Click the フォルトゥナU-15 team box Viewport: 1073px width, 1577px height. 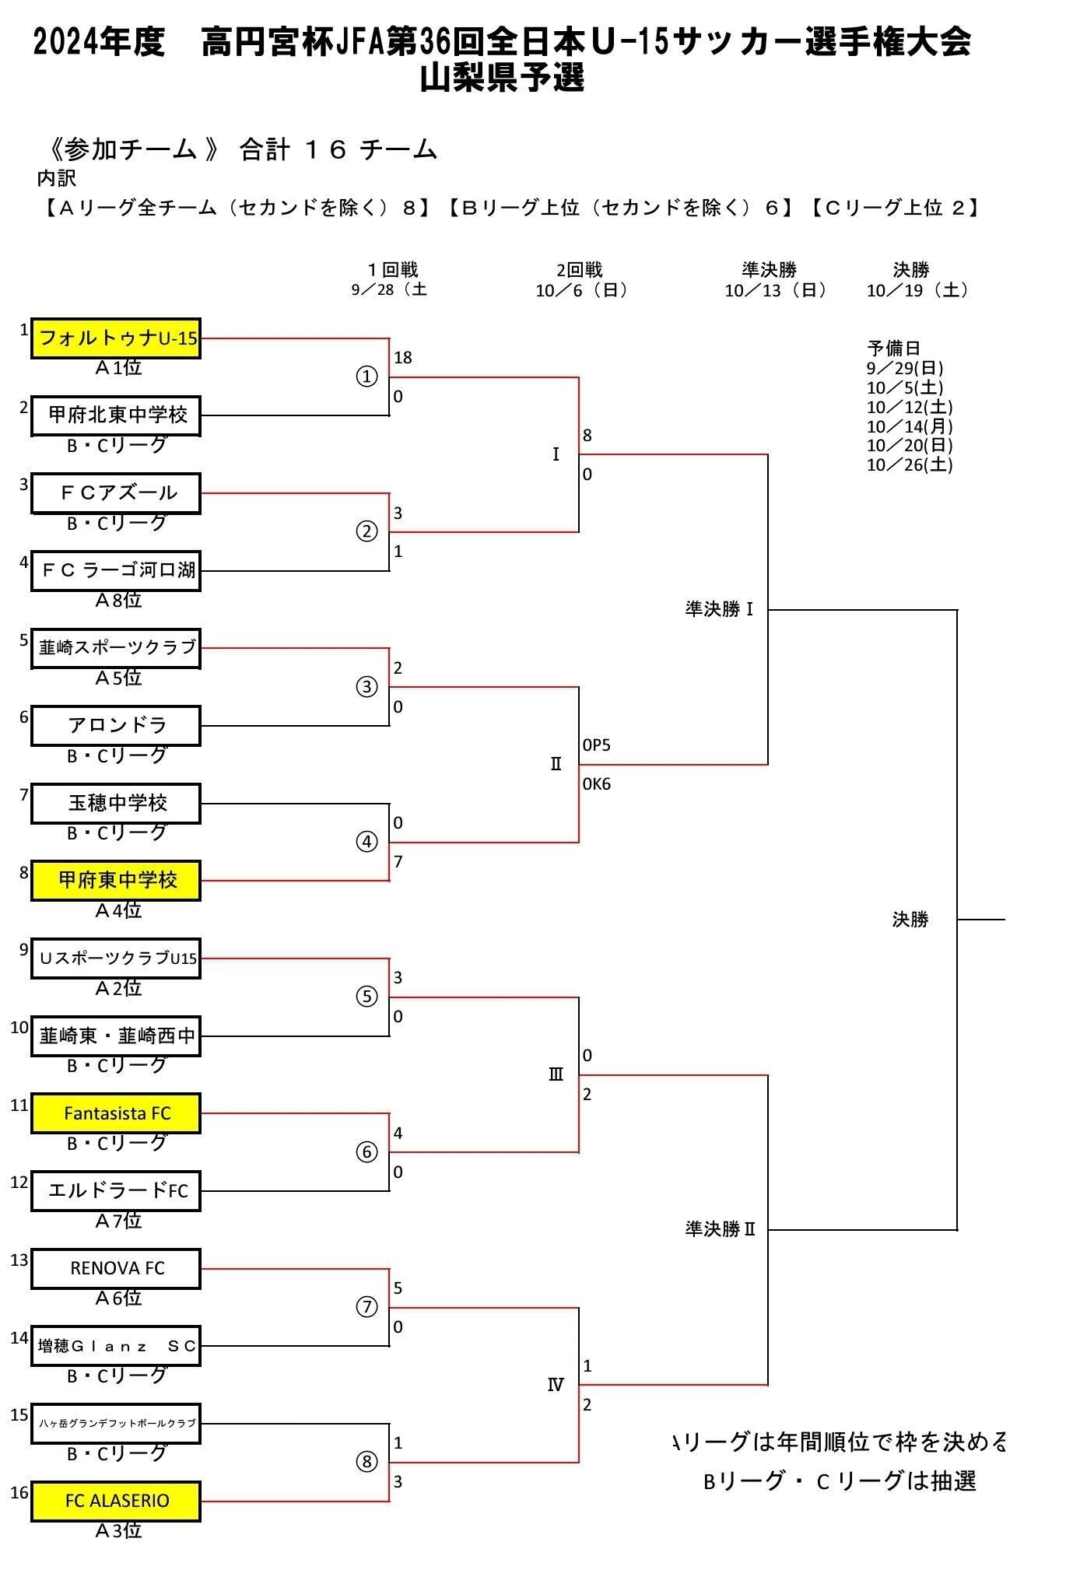click(x=116, y=338)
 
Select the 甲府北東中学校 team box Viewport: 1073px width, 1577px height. click(x=116, y=415)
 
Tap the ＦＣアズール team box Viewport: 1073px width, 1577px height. click(x=116, y=493)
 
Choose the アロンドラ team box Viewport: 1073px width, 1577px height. click(x=116, y=726)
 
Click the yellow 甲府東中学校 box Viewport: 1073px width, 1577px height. click(x=116, y=881)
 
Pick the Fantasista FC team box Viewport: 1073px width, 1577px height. click(x=116, y=1113)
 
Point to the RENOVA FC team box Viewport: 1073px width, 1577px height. click(x=116, y=1268)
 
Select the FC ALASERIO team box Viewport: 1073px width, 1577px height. click(x=116, y=1501)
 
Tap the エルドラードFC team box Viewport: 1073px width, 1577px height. click(x=116, y=1191)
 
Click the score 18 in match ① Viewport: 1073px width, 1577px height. click(x=403, y=358)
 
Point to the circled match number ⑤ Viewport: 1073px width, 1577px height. click(x=366, y=997)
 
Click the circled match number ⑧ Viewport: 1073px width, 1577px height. click(x=366, y=1462)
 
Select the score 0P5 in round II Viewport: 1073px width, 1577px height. click(x=597, y=745)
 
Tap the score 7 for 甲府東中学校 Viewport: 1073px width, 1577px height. click(x=398, y=862)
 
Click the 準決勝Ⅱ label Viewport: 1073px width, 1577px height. click(x=721, y=1229)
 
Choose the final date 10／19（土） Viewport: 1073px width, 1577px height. click(x=918, y=290)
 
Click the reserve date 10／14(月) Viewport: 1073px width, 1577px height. click(x=910, y=426)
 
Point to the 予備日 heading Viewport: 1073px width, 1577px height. click(x=894, y=348)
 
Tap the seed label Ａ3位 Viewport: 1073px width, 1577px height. click(x=118, y=1531)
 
